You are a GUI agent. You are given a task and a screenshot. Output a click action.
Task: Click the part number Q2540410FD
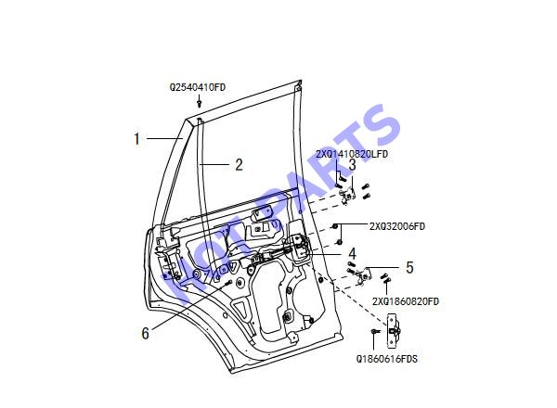(x=198, y=87)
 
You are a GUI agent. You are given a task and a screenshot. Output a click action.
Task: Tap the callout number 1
(x=137, y=139)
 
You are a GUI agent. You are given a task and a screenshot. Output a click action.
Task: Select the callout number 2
(x=240, y=165)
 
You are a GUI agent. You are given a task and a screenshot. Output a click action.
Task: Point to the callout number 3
(x=352, y=165)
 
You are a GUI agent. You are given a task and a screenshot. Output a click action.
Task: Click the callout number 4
(x=352, y=254)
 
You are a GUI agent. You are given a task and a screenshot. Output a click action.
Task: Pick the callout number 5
(x=410, y=267)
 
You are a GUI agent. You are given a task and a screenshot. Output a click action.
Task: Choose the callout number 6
(x=146, y=334)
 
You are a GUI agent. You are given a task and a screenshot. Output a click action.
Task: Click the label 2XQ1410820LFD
(x=352, y=154)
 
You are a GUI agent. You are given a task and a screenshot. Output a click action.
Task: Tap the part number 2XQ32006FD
(x=397, y=226)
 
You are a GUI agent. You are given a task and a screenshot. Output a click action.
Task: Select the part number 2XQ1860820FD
(x=406, y=301)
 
